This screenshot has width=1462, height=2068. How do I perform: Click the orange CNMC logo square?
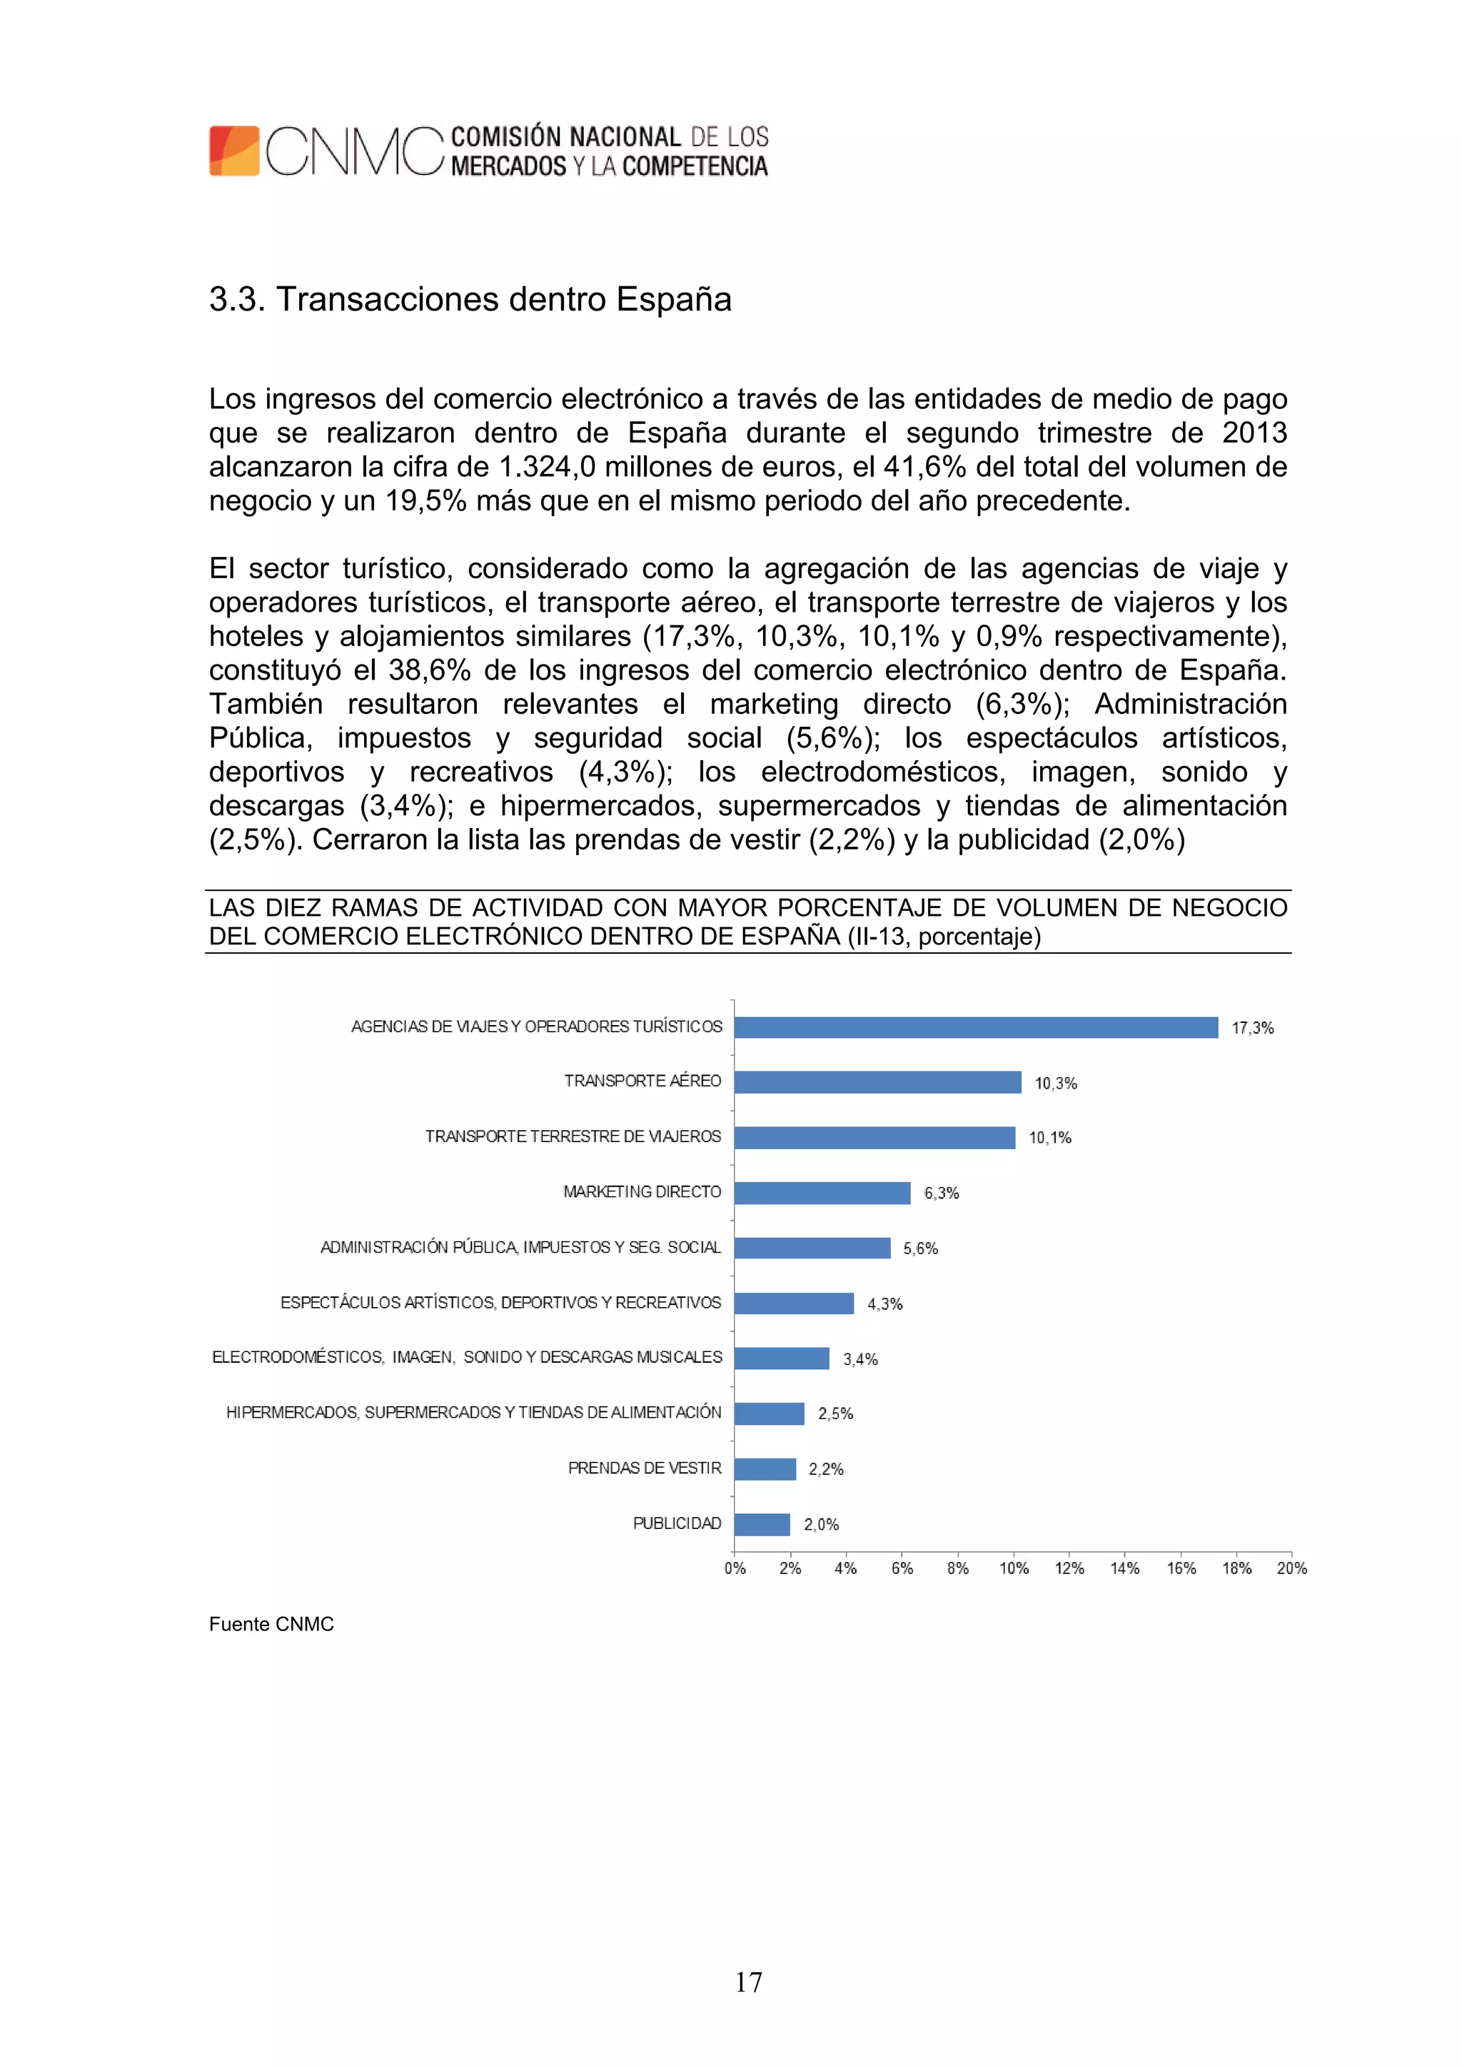(234, 151)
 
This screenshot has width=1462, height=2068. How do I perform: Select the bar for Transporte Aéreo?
(877, 1081)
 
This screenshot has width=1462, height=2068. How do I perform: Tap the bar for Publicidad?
(762, 1524)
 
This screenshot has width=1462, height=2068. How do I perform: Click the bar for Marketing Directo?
(822, 1193)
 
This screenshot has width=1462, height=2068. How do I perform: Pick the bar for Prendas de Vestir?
(765, 1469)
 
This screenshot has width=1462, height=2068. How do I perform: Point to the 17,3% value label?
(1252, 1028)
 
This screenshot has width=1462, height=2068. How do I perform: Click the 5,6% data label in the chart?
(921, 1249)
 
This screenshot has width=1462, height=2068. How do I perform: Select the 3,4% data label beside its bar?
(860, 1359)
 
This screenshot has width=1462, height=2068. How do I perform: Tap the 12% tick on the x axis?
(1069, 1568)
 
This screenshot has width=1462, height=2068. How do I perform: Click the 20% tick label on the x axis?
(1292, 1568)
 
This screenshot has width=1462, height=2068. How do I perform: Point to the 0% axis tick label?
(735, 1568)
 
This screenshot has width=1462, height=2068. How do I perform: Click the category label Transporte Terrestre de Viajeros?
(573, 1136)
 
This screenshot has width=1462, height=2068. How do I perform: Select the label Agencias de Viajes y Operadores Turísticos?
(537, 1027)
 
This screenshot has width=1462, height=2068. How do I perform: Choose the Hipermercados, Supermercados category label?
(474, 1412)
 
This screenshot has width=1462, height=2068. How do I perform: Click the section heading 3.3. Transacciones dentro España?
(470, 299)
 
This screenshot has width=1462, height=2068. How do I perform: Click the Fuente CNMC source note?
(271, 1624)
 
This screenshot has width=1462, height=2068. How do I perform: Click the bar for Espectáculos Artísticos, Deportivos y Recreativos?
(794, 1303)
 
